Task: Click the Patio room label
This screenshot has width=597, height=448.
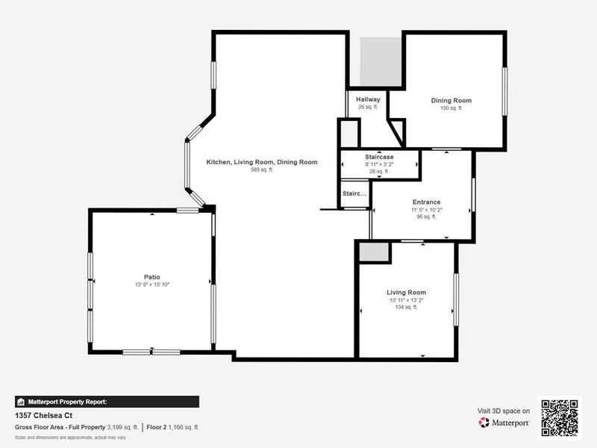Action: tap(152, 277)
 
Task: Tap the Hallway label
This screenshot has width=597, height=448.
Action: tap(368, 99)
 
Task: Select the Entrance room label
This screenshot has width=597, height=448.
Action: tap(426, 202)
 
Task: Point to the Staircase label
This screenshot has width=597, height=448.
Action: tap(379, 157)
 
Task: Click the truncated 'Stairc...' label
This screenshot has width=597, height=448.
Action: tap(354, 194)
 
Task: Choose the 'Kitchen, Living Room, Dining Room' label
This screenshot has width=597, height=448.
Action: tap(261, 162)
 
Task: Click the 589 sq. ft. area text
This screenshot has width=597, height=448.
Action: tap(261, 170)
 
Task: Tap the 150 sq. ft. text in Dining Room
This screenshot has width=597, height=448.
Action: tap(451, 108)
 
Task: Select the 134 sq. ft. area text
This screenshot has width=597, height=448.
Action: tap(406, 307)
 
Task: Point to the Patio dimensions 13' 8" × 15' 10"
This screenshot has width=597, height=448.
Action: tap(152, 284)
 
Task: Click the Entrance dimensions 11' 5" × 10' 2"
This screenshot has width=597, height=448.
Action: tap(426, 210)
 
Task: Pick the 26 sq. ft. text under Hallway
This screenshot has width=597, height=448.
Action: tap(368, 107)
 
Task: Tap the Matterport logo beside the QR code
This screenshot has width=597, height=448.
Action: tap(504, 423)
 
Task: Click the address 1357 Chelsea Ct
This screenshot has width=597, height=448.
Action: tap(44, 415)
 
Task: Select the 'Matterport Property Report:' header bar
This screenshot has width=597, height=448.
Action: tap(106, 401)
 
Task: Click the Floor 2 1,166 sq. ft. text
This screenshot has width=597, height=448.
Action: tap(172, 427)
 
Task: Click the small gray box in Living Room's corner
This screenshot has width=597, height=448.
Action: tap(374, 252)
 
